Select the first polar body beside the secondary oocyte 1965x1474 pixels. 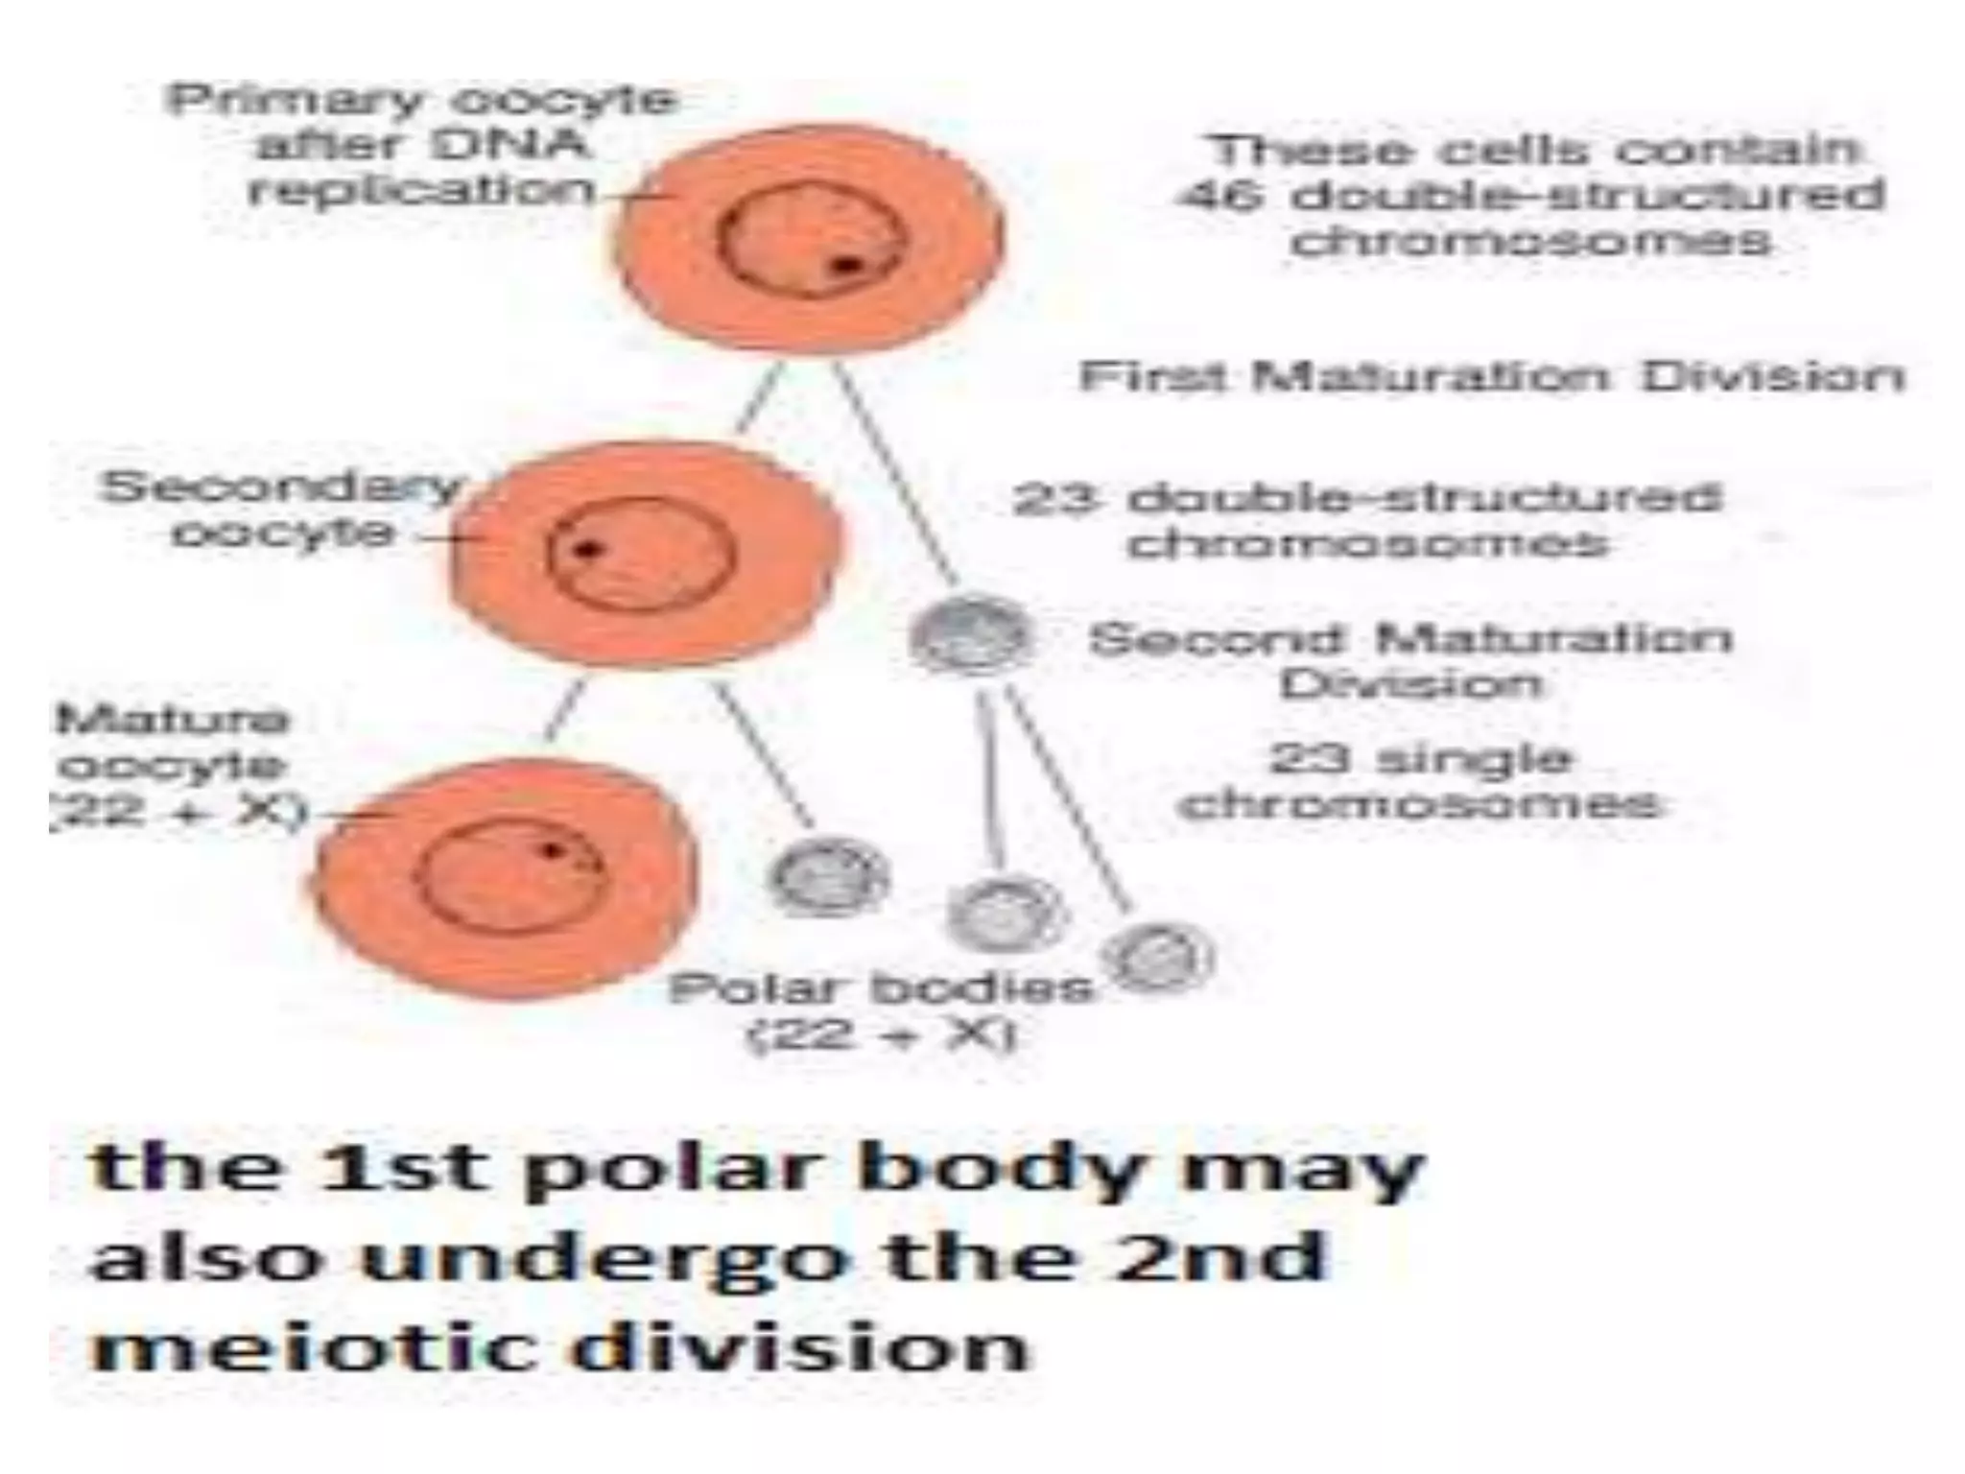click(x=971, y=634)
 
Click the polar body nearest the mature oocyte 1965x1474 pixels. click(x=829, y=875)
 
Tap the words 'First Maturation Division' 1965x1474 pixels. click(x=1491, y=376)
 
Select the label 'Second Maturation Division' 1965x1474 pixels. click(x=1410, y=660)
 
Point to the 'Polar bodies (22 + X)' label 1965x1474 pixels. click(x=881, y=1011)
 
